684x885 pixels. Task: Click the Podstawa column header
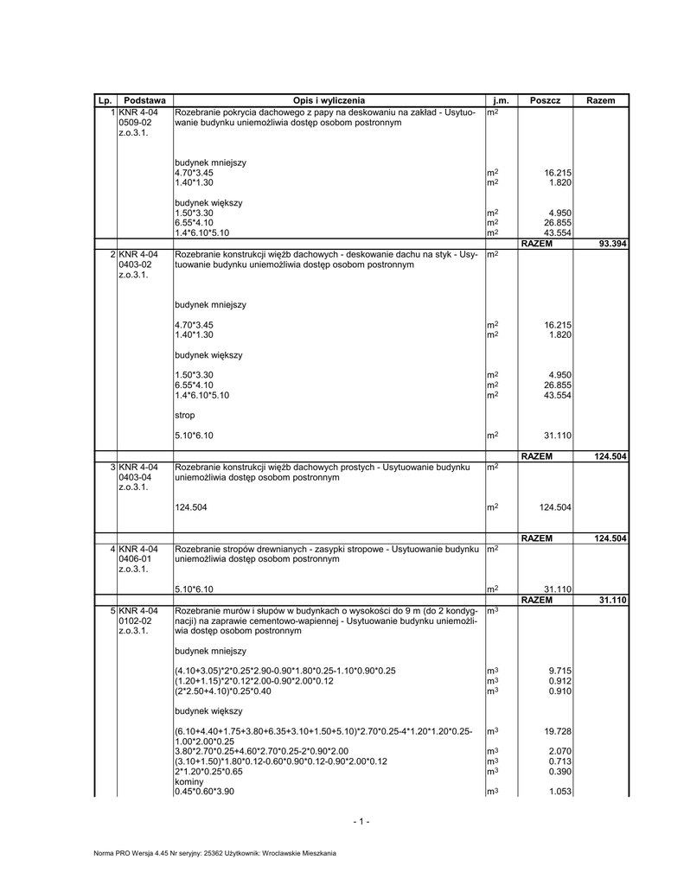144,101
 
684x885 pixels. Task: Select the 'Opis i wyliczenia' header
329,101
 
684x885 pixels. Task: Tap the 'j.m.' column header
501,101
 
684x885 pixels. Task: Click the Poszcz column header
545,101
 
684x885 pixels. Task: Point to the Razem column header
600,101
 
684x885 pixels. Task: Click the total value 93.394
612,244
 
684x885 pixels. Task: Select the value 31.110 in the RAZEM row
612,599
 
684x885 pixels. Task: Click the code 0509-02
135,124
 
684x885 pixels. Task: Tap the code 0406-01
135,559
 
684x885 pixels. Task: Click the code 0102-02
135,621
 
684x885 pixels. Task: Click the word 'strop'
185,416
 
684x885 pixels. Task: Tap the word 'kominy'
189,781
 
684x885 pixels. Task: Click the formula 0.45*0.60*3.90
204,792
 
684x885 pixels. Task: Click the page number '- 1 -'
361,822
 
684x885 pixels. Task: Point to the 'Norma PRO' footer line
214,853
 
